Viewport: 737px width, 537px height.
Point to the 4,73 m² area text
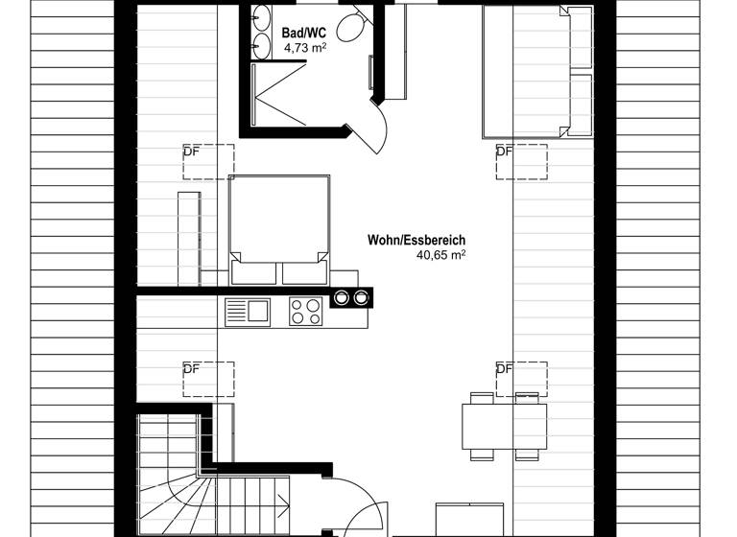click(304, 46)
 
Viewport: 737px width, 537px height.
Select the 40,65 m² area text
click(440, 256)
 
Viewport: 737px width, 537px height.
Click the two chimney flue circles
click(350, 297)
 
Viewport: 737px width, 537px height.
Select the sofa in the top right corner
click(537, 72)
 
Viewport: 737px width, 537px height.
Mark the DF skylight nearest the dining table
click(521, 379)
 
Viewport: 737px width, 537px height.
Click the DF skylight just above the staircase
click(208, 379)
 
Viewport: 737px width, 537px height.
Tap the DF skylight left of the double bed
click(208, 161)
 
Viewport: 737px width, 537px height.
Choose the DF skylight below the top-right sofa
click(521, 161)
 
